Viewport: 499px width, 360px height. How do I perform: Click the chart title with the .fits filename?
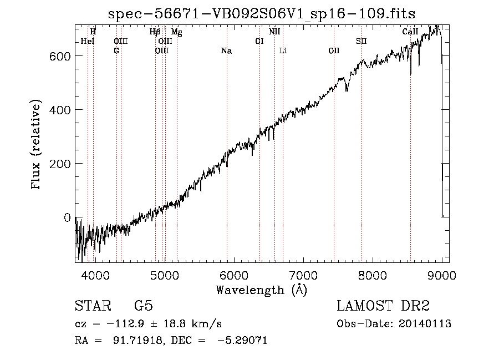tap(262, 14)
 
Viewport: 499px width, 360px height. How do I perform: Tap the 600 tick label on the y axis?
tap(60, 57)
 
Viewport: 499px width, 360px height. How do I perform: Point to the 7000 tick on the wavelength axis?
tap(303, 275)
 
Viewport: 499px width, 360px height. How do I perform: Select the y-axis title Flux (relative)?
tap(35, 145)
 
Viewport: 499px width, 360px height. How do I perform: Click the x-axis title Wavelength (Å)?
tap(262, 290)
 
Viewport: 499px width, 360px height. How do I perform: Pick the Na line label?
tap(226, 51)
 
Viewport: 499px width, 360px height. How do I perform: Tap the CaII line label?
tap(410, 32)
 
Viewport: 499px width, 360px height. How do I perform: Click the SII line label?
tap(361, 42)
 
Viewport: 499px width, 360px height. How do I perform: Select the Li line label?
tap(283, 51)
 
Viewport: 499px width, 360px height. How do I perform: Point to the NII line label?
tap(274, 32)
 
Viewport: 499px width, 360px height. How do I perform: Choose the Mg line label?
tap(177, 32)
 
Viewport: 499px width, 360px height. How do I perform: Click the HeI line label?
tap(88, 42)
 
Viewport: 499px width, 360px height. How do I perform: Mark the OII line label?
tap(334, 51)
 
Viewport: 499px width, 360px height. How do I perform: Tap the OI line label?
tap(259, 42)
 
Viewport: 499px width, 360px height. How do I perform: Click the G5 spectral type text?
tap(144, 306)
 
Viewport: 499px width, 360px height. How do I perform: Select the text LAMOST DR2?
tap(383, 306)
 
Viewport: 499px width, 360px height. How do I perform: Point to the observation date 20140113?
tap(425, 324)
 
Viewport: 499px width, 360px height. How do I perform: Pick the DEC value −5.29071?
tap(242, 340)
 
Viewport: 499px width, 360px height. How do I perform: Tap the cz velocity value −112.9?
tap(125, 324)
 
